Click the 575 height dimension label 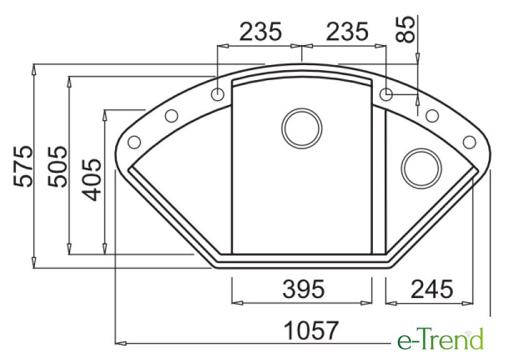pos(23,167)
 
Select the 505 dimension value pos(58,167)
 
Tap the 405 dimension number pos(92,180)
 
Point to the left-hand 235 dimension pos(260,31)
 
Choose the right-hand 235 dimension pos(347,31)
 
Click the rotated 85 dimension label pos(405,29)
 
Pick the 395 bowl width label pos(304,289)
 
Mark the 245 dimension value pos(432,289)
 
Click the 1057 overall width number pos(311,331)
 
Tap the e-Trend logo pos(441,339)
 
